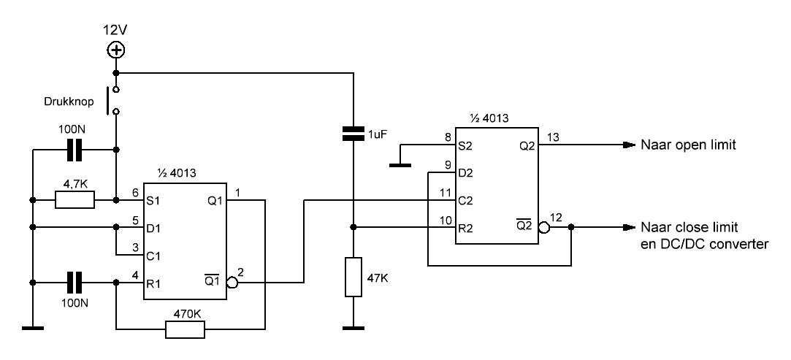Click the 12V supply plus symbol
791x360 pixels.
point(117,50)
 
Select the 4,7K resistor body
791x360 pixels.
point(74,200)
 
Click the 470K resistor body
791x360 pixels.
point(185,329)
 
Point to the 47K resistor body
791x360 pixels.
point(353,277)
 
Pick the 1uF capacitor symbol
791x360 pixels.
point(353,133)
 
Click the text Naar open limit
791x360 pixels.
point(689,145)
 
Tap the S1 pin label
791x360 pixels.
point(153,200)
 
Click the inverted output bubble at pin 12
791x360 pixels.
point(545,227)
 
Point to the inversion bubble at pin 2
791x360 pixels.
point(232,283)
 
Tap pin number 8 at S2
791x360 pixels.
point(447,137)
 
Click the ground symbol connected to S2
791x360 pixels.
point(400,164)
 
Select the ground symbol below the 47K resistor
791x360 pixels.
point(353,329)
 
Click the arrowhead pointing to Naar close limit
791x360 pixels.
point(628,227)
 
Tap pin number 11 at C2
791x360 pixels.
point(445,192)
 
